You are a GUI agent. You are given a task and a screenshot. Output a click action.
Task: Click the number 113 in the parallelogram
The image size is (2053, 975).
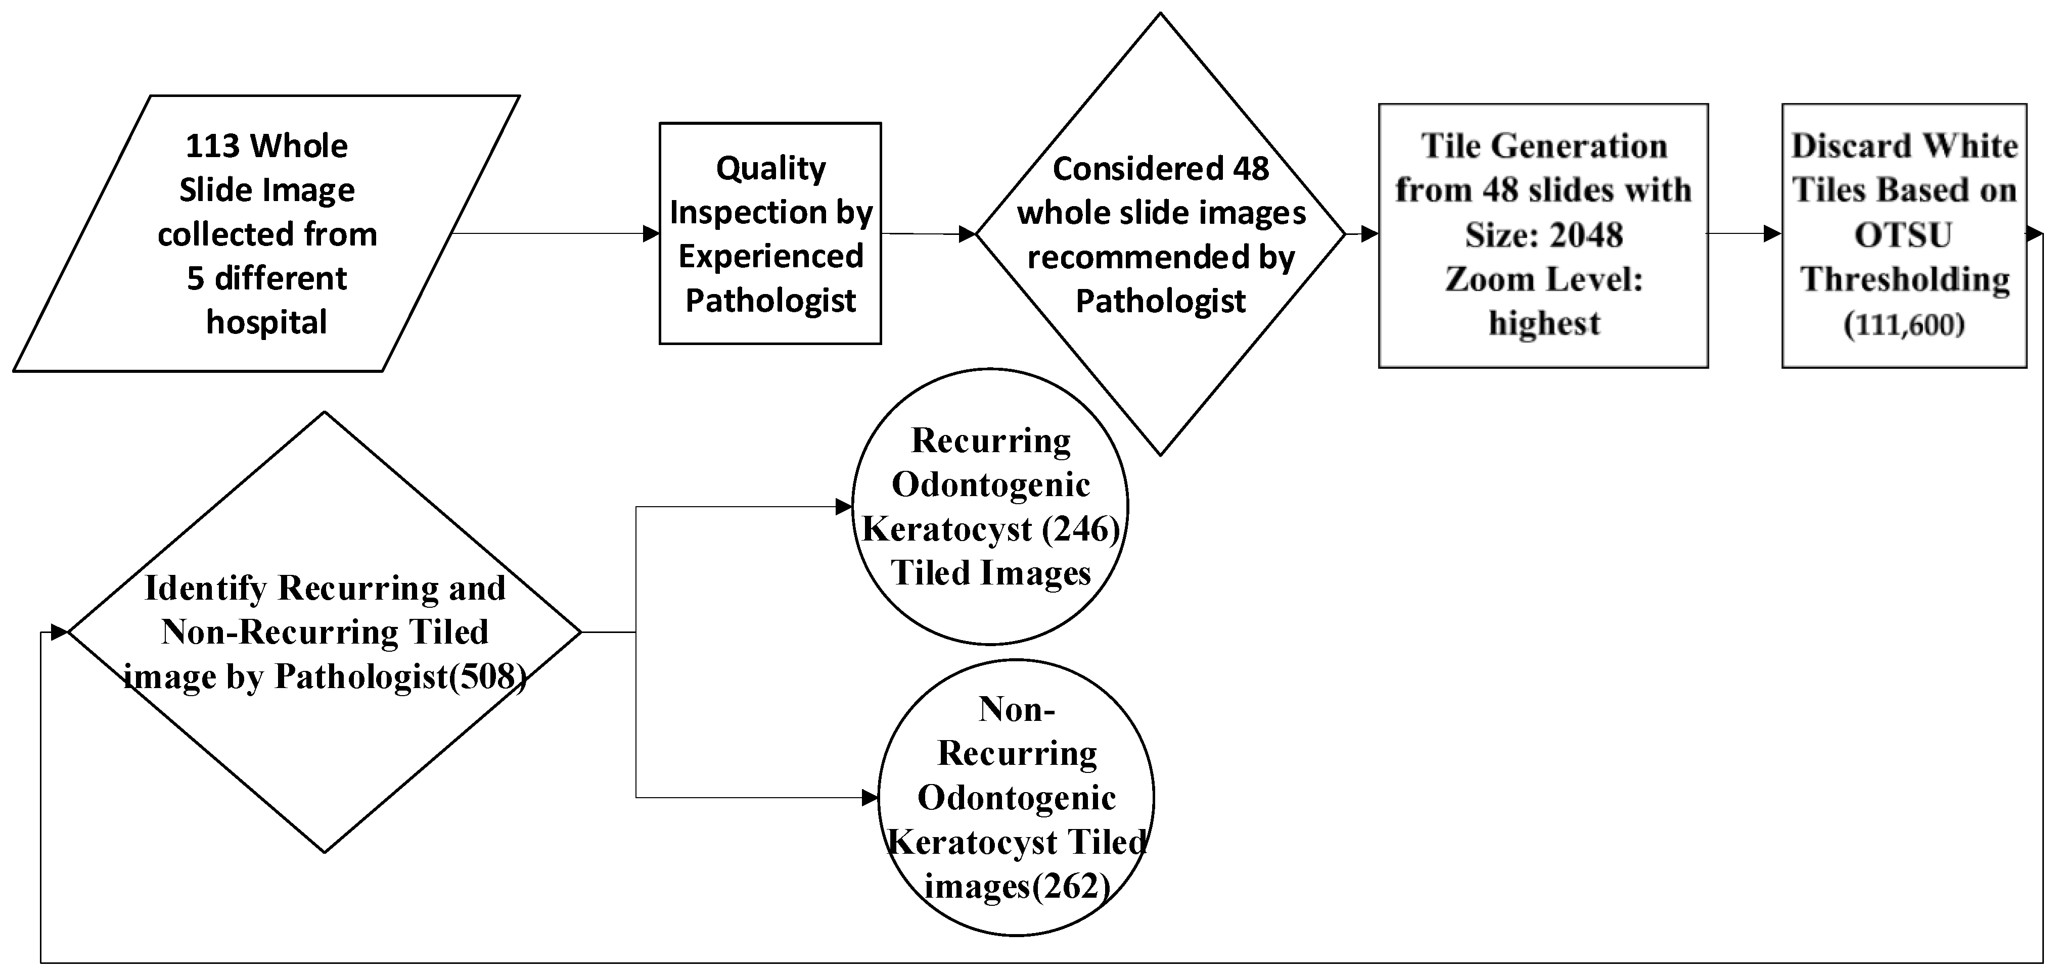212,147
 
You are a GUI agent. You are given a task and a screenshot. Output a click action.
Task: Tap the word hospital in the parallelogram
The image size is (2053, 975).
267,323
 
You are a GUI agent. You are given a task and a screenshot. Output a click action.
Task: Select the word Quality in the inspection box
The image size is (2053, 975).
770,169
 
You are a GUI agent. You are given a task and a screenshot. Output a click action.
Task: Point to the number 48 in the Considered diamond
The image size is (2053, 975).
1250,169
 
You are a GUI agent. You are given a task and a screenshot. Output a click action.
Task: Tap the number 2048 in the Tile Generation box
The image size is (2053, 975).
1585,235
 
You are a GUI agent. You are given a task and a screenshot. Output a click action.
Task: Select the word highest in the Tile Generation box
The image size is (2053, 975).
1544,323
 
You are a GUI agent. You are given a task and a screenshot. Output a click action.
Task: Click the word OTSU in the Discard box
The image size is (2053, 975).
1903,235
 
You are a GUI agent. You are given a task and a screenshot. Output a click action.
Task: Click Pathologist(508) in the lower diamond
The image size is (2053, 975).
401,677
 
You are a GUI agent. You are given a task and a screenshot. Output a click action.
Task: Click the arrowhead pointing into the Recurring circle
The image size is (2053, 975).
843,507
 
